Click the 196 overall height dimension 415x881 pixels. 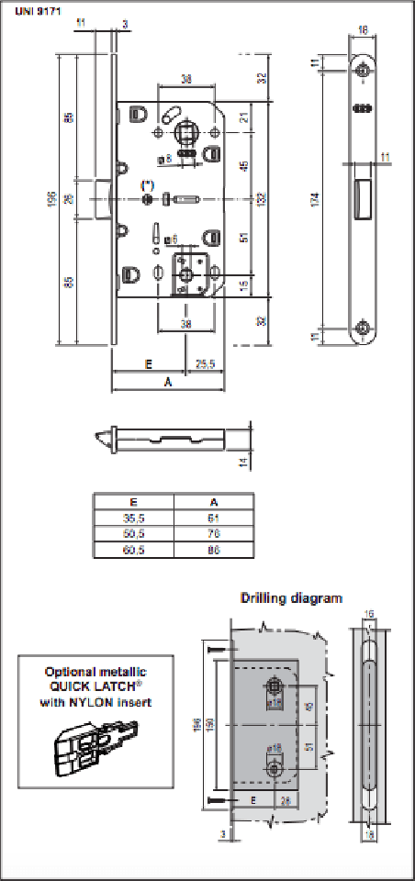pos(52,198)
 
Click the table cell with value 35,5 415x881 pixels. pos(133,519)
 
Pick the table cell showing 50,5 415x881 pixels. pos(133,535)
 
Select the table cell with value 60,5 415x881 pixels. pos(133,552)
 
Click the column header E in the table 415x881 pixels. pos(133,503)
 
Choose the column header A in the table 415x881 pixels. pos(213,503)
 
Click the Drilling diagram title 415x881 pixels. pos(291,598)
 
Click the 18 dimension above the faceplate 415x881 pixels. pos(365,30)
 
